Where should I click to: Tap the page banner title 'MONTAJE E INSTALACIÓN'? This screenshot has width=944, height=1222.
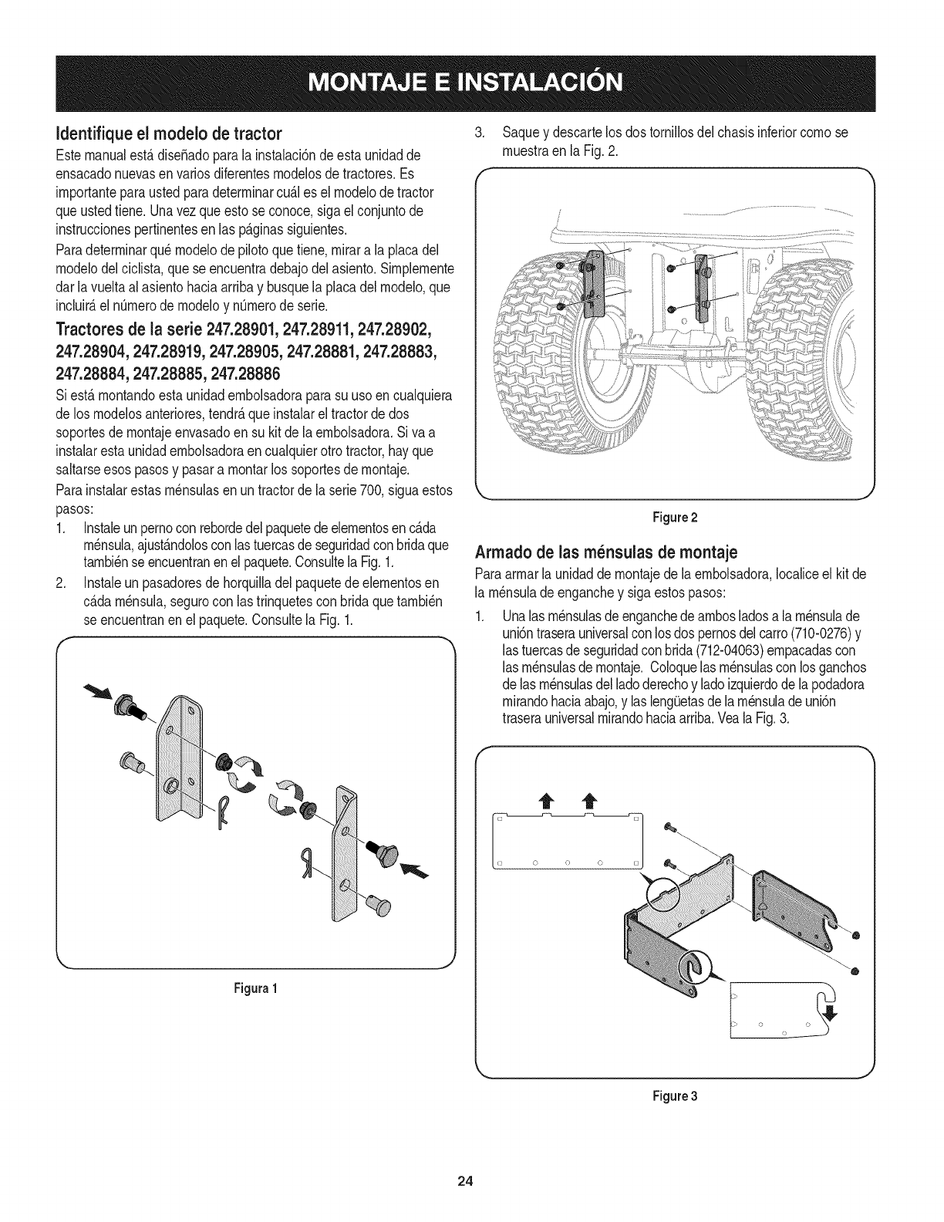(471, 81)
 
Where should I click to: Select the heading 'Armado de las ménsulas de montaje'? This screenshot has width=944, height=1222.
(609, 552)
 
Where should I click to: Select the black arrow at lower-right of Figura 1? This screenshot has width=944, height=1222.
(416, 872)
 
